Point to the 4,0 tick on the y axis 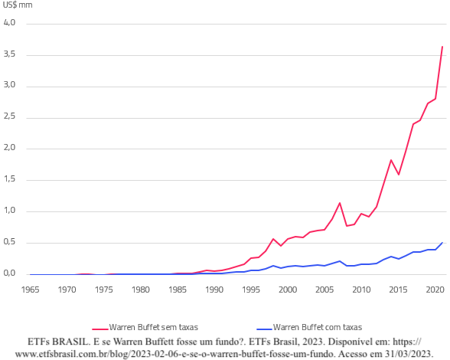[x=10, y=23]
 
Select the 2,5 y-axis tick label [x=10, y=117]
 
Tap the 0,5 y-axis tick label [x=10, y=243]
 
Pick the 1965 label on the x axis [x=31, y=290]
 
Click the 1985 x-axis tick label [x=178, y=290]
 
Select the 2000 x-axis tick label [x=288, y=290]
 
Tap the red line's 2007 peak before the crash [x=340, y=203]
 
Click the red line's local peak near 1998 [x=273, y=238]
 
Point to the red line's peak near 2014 [x=391, y=160]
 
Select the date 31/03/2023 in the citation [x=406, y=354]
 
